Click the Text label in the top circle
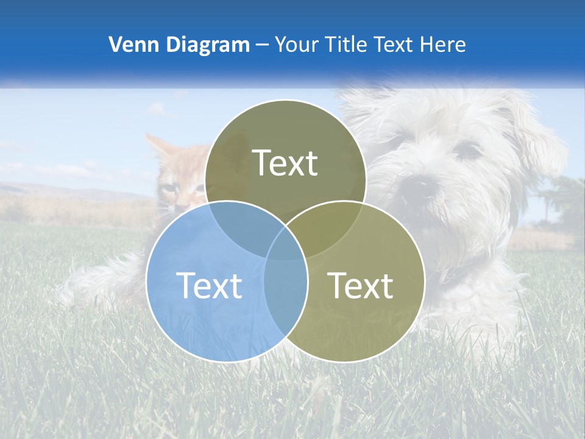pyautogui.click(x=285, y=163)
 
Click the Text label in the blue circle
pyautogui.click(x=209, y=285)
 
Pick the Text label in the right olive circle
pyautogui.click(x=361, y=285)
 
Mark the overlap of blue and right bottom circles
pyautogui.click(x=285, y=287)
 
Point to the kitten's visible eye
pyautogui.click(x=172, y=190)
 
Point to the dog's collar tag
pyautogui.click(x=449, y=276)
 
